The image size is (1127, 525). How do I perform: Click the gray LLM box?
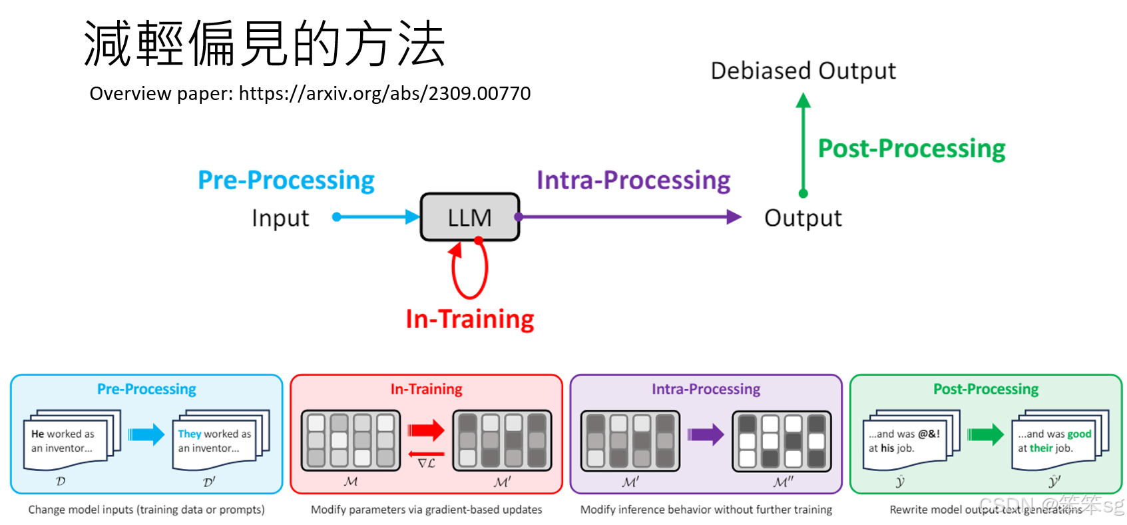(469, 217)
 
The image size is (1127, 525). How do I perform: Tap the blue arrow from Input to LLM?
(376, 217)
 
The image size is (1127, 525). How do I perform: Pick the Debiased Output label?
(803, 71)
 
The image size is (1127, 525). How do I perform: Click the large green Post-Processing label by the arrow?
(911, 149)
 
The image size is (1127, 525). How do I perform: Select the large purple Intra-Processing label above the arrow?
(633, 181)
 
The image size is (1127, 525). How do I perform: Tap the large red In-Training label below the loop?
(469, 319)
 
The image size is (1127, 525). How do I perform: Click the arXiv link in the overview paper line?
(384, 93)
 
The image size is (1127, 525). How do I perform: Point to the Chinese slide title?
(264, 43)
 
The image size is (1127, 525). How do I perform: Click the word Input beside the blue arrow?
(280, 219)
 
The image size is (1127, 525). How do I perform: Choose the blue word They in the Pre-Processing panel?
(189, 434)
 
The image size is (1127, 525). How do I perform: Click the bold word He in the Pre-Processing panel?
(37, 434)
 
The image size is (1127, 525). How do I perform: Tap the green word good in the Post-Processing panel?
(1079, 434)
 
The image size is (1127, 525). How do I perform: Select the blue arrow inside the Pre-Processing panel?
(146, 434)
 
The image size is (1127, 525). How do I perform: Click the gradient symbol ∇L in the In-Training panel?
(426, 463)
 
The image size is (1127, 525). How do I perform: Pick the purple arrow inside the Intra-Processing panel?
(706, 434)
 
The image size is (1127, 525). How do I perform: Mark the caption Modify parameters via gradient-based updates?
(426, 510)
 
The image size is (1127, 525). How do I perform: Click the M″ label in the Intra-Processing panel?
(783, 482)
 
